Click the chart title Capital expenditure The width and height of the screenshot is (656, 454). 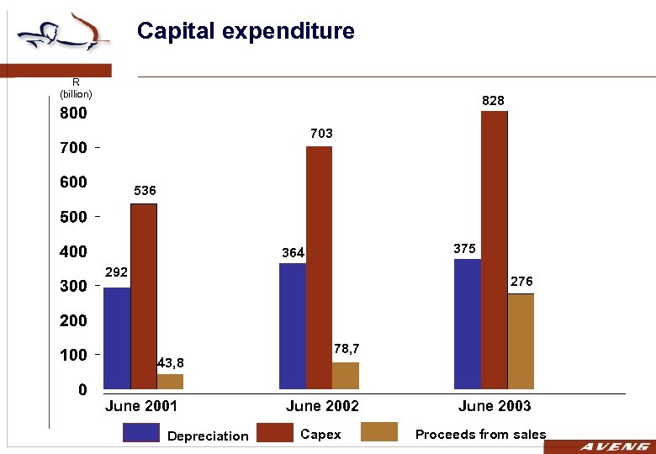(246, 32)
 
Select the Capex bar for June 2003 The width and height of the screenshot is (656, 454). (495, 250)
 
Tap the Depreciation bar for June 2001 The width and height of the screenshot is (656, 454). (117, 338)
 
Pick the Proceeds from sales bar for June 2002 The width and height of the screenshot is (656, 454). (345, 376)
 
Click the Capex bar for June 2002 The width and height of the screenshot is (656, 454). (319, 267)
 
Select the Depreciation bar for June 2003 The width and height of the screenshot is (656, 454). (468, 324)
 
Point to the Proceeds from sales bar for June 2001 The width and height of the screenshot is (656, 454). (170, 382)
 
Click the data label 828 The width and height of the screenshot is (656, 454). (493, 101)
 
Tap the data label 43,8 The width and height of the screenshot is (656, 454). (170, 362)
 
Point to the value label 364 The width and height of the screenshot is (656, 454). (293, 253)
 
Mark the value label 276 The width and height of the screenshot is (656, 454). (521, 282)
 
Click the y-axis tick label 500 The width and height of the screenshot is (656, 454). (73, 217)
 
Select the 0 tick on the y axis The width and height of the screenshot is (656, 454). (82, 390)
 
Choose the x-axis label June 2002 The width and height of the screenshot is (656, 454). (322, 406)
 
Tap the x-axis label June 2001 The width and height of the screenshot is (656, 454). (141, 406)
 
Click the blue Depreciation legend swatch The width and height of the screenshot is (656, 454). (140, 433)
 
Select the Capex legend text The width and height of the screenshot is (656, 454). (320, 435)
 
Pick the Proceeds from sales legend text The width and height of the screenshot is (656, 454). (480, 435)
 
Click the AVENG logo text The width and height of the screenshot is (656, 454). (613, 446)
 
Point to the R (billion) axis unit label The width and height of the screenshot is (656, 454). (76, 88)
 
